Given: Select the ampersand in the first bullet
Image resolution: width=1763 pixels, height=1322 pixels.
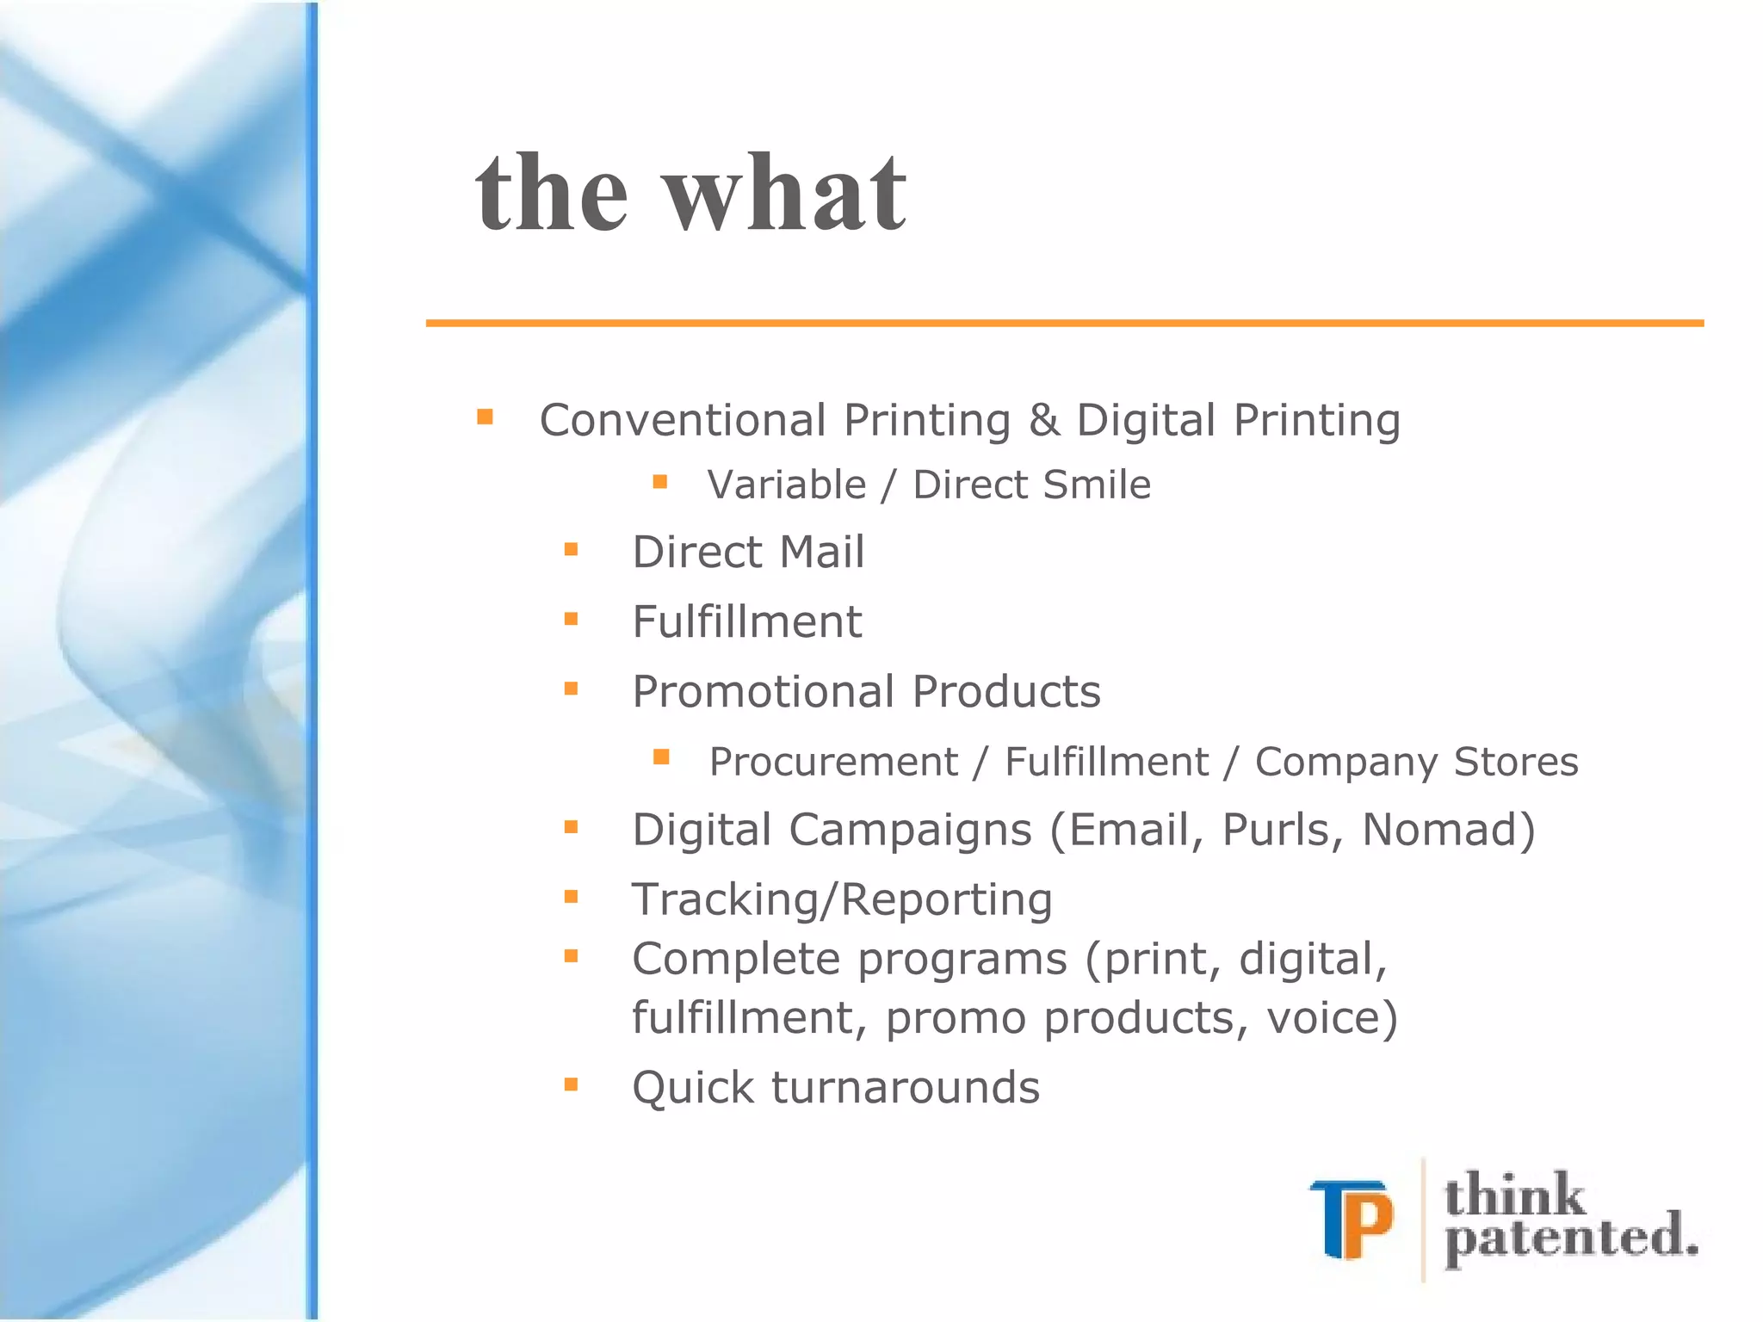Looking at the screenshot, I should tap(1043, 421).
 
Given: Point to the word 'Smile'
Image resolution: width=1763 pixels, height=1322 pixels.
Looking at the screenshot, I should tap(1096, 485).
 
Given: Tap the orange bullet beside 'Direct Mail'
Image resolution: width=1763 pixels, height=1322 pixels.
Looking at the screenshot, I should tap(571, 549).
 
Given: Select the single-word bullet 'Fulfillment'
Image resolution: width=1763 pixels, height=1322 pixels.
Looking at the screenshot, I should tap(746, 621).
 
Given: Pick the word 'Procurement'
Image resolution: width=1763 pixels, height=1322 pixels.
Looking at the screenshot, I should tap(832, 762).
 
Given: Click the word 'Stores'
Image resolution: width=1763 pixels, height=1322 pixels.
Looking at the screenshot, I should tap(1516, 762).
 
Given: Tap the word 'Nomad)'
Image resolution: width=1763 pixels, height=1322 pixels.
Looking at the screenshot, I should tap(1449, 831).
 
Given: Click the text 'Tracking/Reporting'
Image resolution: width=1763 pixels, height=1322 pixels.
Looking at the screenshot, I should tap(842, 900).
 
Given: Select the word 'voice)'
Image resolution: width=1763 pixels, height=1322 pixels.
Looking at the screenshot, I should tap(1333, 1018).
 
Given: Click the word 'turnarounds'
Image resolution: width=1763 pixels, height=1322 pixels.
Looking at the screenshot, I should tap(906, 1087).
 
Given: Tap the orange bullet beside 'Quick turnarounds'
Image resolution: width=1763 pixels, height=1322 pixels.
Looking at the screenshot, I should tap(571, 1084).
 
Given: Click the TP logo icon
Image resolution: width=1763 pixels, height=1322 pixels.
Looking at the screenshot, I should tap(1352, 1220).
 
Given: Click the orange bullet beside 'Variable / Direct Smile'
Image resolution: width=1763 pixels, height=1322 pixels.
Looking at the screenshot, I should tap(660, 482).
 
